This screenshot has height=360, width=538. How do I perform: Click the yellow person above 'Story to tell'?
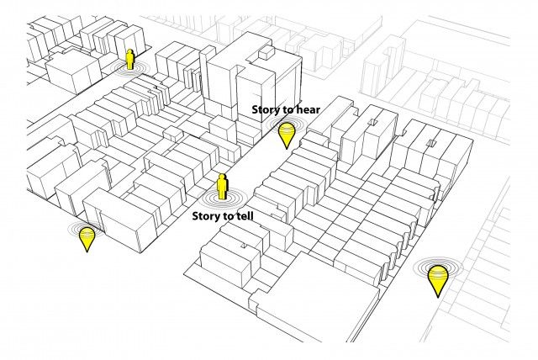point(223,187)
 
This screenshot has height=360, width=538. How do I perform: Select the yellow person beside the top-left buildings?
point(129,59)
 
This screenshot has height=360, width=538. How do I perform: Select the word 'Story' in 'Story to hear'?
point(266,110)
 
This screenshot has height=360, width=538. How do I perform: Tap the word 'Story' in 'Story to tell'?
point(206,216)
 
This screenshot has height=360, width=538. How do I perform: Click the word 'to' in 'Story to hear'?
point(287,110)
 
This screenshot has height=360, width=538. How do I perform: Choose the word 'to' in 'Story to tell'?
point(227,216)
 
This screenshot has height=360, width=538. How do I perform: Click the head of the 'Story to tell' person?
point(223,177)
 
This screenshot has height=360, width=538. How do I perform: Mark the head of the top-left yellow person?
point(129,51)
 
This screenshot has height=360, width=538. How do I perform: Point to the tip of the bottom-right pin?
point(438,297)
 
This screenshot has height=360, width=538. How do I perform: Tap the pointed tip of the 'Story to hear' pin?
point(287,149)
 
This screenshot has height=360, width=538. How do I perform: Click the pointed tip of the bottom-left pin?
point(87,251)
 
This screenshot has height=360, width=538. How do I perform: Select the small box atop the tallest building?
point(266,52)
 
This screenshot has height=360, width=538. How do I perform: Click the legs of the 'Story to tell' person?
point(223,195)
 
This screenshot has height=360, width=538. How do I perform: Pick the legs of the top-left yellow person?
point(129,66)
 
